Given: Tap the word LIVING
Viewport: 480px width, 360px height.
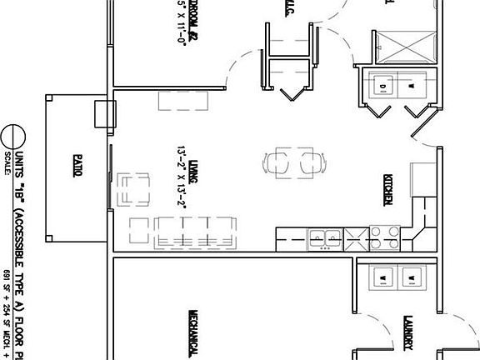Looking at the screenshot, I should click(192, 155).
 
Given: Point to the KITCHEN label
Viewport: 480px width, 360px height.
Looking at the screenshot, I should click(388, 189).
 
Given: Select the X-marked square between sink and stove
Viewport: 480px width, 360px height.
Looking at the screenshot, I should click(353, 238).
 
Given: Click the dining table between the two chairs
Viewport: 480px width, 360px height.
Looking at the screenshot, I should click(286, 162).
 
